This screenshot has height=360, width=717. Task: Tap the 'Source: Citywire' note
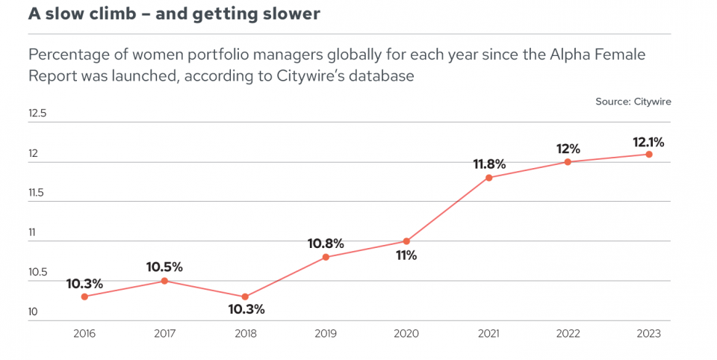(633, 102)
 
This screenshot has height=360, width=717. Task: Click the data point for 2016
(84, 297)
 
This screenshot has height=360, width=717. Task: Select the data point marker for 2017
(164, 281)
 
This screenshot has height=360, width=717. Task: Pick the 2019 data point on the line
(326, 257)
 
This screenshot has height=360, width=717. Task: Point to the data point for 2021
(488, 178)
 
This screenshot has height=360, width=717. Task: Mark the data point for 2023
(648, 154)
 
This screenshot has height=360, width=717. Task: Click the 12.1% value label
(648, 142)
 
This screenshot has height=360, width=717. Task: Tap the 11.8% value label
(489, 164)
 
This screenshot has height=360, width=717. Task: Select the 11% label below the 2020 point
(406, 255)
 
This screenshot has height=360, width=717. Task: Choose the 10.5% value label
(164, 267)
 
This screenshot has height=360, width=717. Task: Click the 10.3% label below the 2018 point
(246, 309)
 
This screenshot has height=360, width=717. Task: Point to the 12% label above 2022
(568, 149)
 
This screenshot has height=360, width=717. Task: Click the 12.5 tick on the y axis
(37, 114)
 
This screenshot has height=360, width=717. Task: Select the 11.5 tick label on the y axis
(37, 193)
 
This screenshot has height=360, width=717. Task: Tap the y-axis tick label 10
(34, 312)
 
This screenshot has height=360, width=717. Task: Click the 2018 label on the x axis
(245, 334)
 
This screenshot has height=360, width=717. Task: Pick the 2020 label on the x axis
(406, 334)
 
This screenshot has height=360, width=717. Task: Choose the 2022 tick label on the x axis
(568, 334)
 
